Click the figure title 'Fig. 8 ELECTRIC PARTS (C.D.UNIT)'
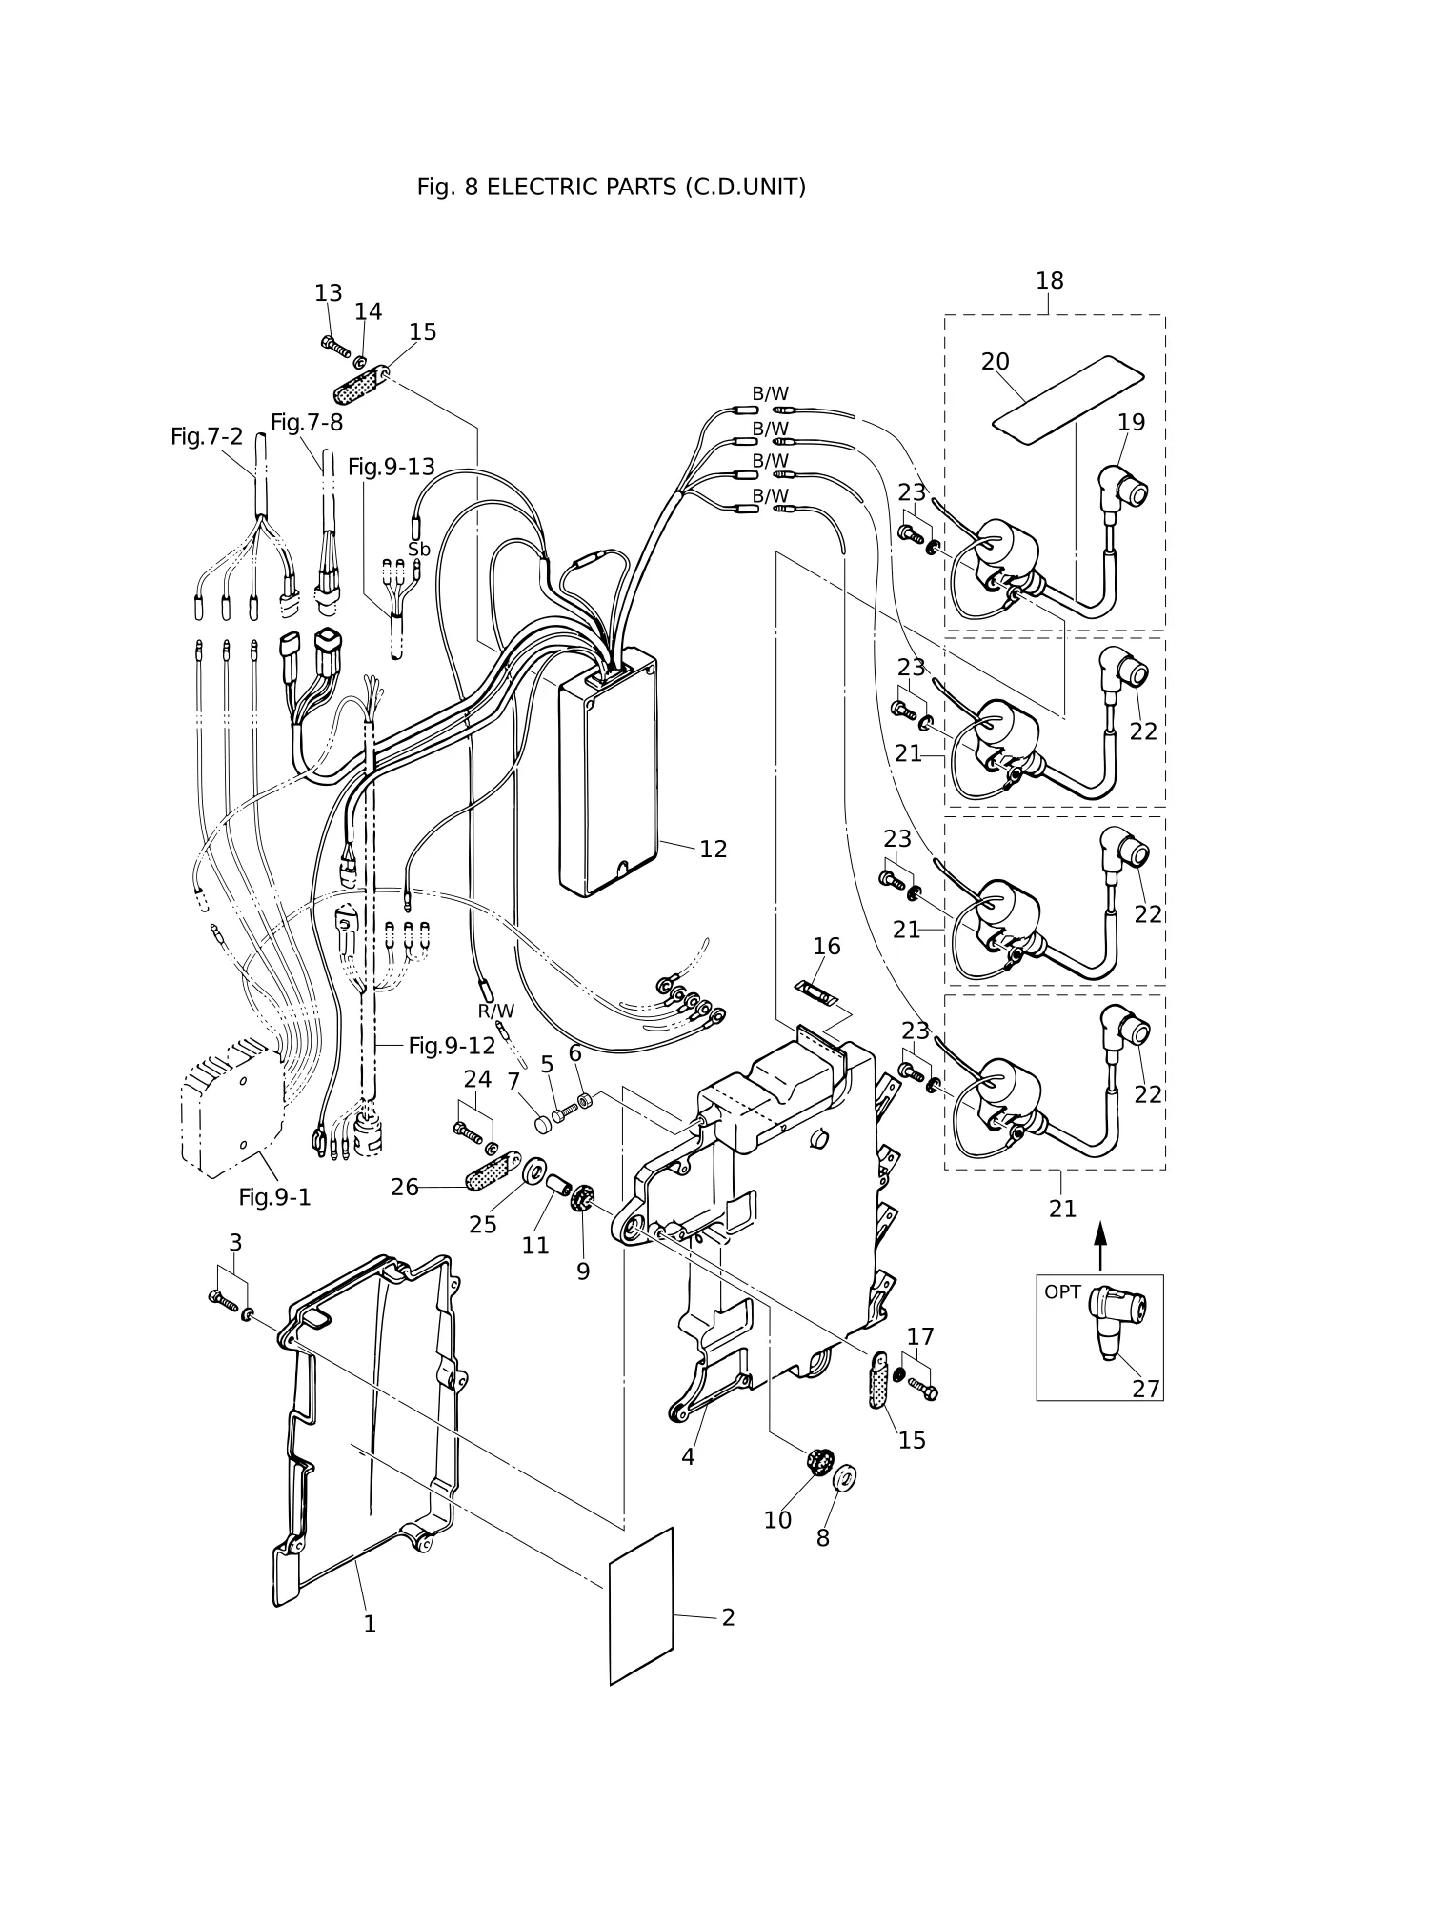(x=612, y=188)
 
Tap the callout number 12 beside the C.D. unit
(x=713, y=849)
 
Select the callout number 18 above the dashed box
(x=1049, y=281)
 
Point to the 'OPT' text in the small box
(x=1062, y=1292)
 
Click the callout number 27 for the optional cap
(x=1146, y=1390)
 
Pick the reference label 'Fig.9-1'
(x=274, y=1197)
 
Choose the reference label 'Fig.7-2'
(x=207, y=436)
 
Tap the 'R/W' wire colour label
(x=495, y=1011)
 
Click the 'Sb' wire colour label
(x=419, y=550)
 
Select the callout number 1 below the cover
(x=370, y=1624)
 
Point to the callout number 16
(x=826, y=946)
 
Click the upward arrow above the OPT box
(x=1100, y=1245)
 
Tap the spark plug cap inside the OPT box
(x=1115, y=1319)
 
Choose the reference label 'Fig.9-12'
(x=452, y=1046)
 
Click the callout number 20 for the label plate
(x=995, y=362)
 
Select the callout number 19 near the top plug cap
(x=1131, y=422)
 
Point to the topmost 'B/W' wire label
(x=770, y=394)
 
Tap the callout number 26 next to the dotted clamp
(x=405, y=1188)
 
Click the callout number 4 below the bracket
(x=688, y=1457)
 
